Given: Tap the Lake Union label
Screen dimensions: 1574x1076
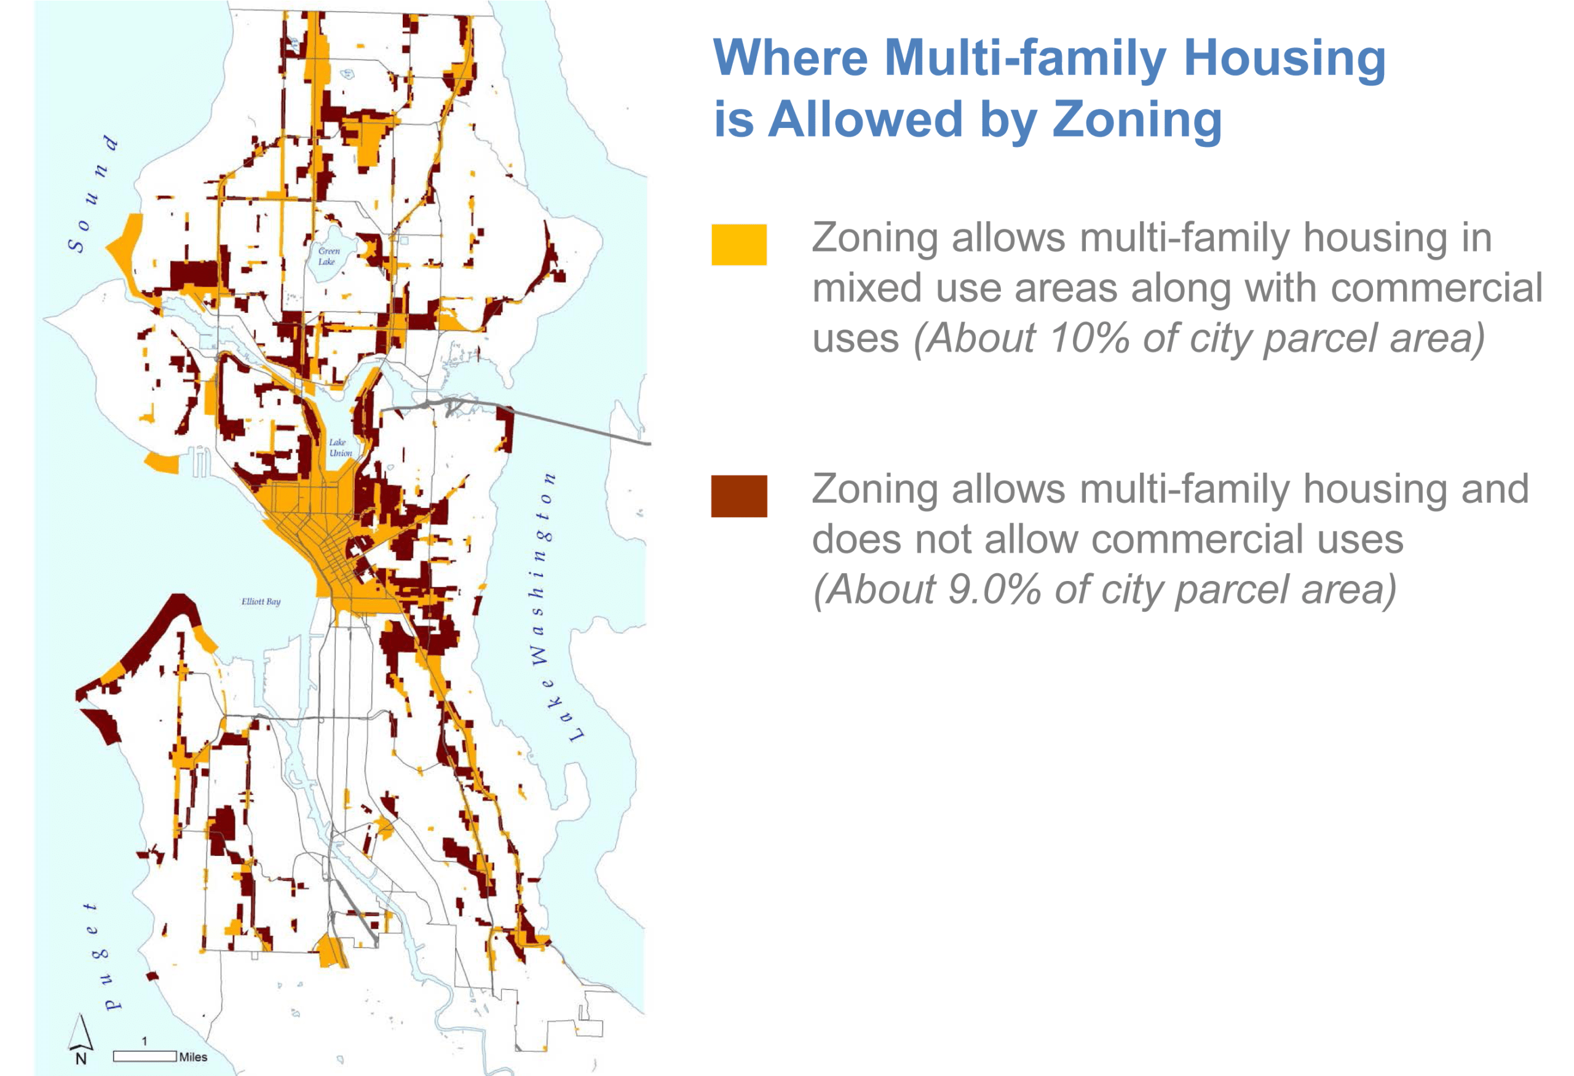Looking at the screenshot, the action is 341,448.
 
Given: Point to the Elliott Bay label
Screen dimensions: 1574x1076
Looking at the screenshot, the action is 261,601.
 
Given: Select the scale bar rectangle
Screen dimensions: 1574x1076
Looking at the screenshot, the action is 145,1056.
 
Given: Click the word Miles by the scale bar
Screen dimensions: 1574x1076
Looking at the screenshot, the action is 193,1057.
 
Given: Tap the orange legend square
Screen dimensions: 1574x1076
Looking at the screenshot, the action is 739,245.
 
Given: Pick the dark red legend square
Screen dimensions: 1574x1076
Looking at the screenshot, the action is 739,496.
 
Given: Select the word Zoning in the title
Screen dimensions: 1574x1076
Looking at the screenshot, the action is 1137,119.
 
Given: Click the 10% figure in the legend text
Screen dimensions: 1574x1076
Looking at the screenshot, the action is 1089,338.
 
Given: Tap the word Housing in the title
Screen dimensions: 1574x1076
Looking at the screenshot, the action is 1285,59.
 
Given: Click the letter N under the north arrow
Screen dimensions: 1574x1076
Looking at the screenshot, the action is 81,1059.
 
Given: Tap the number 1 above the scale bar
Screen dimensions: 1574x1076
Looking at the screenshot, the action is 144,1042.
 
